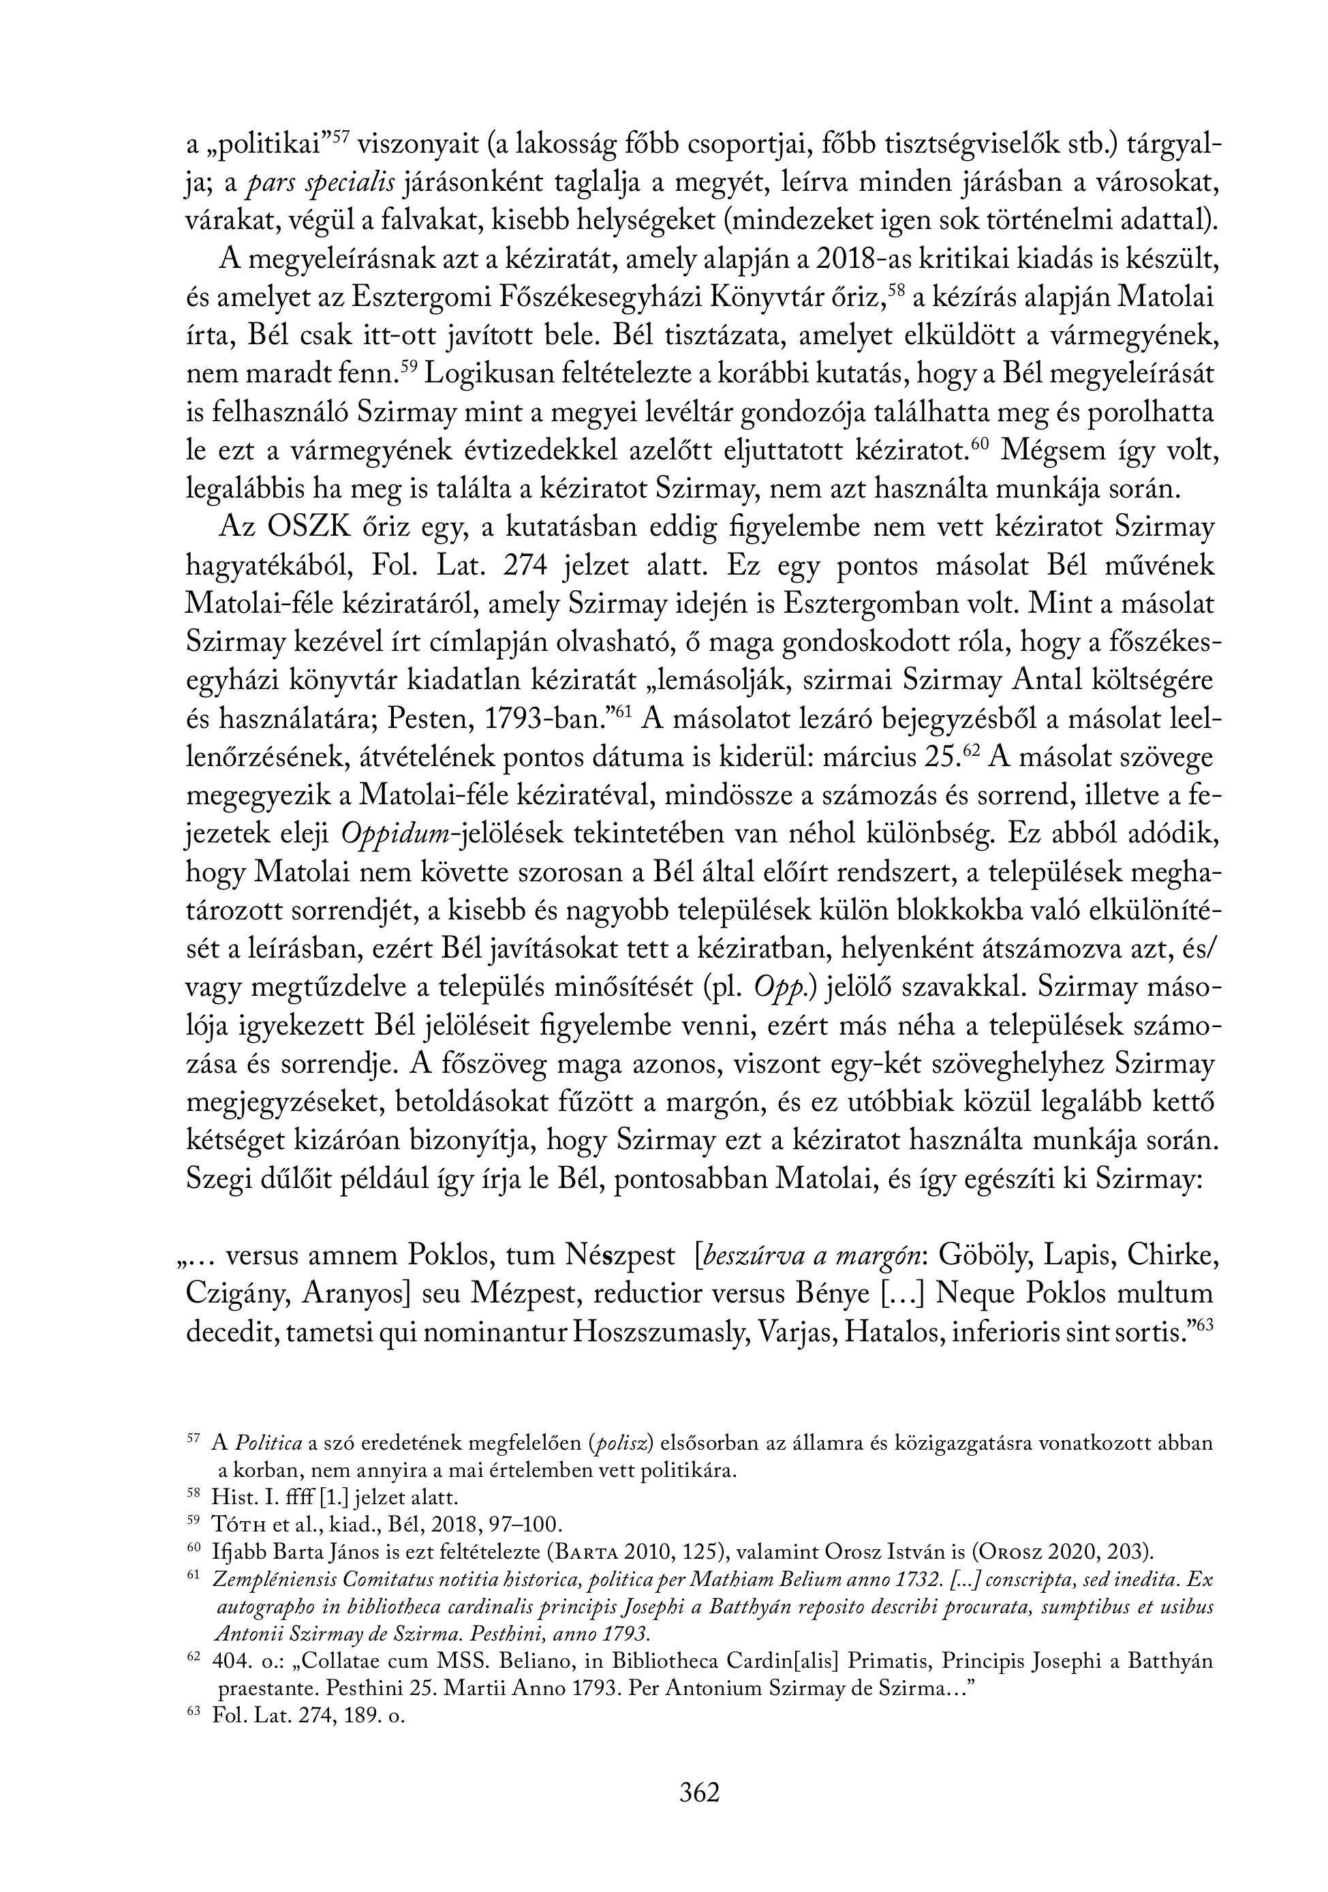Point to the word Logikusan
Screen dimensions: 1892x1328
[486, 375]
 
